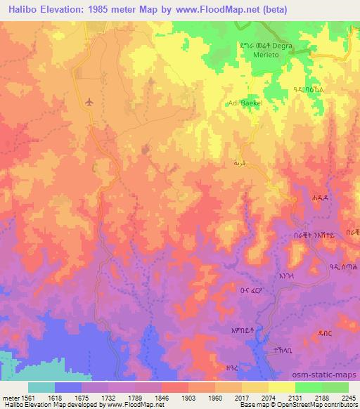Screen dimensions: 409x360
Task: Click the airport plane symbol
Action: click(89, 103)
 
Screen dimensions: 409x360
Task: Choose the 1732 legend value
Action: click(108, 398)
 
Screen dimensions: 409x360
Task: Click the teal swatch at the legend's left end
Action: click(41, 387)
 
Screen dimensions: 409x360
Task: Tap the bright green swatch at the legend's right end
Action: click(335, 387)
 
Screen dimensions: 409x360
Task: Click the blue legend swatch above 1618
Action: click(68, 387)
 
